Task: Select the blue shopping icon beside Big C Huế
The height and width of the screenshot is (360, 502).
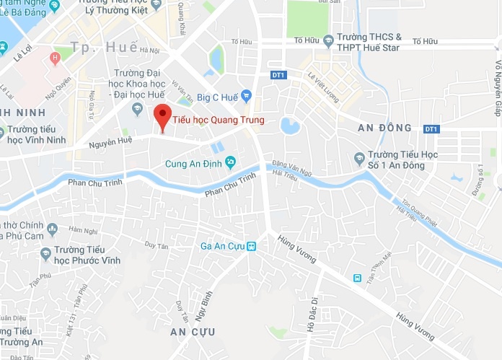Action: click(247, 95)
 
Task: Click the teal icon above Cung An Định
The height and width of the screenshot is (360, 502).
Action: click(231, 160)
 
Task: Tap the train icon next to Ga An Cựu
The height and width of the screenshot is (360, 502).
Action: click(251, 246)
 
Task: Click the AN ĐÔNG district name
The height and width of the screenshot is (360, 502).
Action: click(384, 128)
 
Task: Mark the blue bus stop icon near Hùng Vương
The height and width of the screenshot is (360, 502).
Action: click(356, 278)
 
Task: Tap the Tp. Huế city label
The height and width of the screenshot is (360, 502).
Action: click(105, 47)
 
